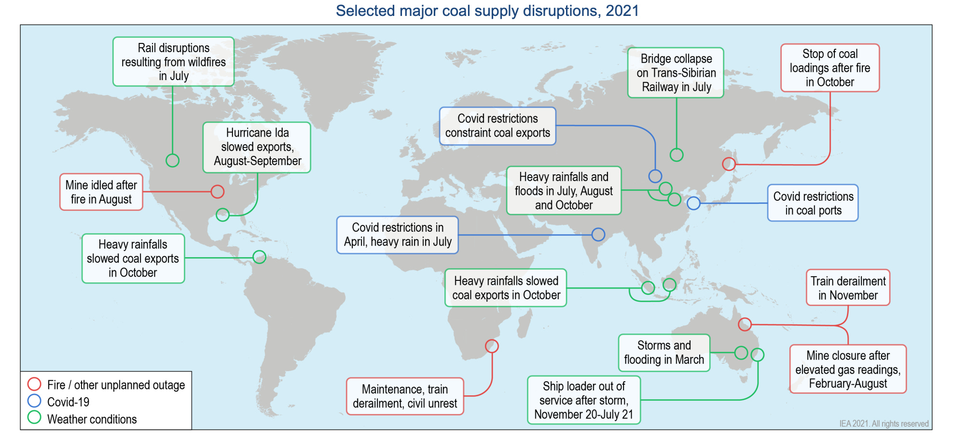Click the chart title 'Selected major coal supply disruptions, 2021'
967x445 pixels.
pyautogui.click(x=487, y=11)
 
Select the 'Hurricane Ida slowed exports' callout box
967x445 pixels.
pyautogui.click(x=257, y=147)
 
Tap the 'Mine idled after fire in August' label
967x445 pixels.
pyautogui.click(x=101, y=192)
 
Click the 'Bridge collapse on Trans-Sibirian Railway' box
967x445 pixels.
pyautogui.click(x=676, y=73)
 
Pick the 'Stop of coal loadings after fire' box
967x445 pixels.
pyautogui.click(x=830, y=68)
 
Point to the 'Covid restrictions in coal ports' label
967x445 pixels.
pyautogui.click(x=813, y=203)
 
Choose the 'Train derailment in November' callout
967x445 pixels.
pyautogui.click(x=848, y=288)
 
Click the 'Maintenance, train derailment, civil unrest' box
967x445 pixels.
pyautogui.click(x=405, y=396)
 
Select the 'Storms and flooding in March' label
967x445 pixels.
pyautogui.click(x=664, y=353)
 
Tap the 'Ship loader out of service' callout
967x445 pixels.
pyautogui.click(x=584, y=400)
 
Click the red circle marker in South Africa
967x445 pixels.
pyautogui.click(x=492, y=346)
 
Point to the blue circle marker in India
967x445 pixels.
pyautogui.click(x=598, y=235)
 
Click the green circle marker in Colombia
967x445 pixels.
pyautogui.click(x=259, y=257)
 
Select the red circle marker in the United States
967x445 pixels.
pyautogui.click(x=218, y=192)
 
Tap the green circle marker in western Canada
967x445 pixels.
pyautogui.click(x=172, y=160)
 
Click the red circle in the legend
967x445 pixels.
pyautogui.click(x=34, y=384)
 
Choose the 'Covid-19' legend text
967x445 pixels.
pyautogui.click(x=68, y=402)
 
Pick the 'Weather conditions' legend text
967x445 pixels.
pyautogui.click(x=92, y=419)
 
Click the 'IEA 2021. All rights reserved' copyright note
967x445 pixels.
pyautogui.click(x=884, y=424)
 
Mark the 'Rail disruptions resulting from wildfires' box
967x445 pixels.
pyautogui.click(x=174, y=62)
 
